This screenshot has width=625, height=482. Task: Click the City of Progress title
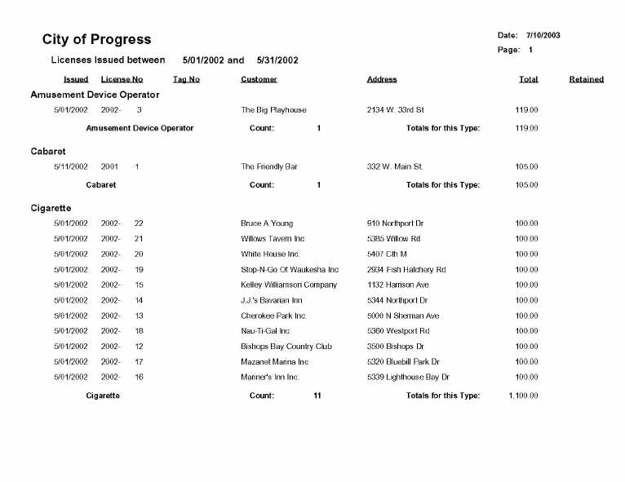(x=96, y=39)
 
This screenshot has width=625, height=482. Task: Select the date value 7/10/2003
(x=543, y=35)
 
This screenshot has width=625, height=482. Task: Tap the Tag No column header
(x=186, y=79)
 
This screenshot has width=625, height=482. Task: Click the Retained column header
(x=586, y=79)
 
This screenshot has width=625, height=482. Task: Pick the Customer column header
(x=259, y=79)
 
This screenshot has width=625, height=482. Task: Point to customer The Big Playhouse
(x=273, y=109)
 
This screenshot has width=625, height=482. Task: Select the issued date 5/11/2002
(x=71, y=166)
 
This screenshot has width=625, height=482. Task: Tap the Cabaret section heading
(x=48, y=152)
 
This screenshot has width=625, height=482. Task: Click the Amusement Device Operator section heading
(x=95, y=95)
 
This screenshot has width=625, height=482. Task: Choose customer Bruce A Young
(x=268, y=223)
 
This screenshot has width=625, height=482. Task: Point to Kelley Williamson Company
(x=289, y=285)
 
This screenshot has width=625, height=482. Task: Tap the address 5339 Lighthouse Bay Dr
(x=408, y=377)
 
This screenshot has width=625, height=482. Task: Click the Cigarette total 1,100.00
(x=523, y=396)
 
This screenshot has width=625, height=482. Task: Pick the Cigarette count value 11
(x=317, y=396)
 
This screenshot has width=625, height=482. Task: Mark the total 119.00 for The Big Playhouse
(x=526, y=109)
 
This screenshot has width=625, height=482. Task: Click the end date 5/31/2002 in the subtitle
(x=277, y=60)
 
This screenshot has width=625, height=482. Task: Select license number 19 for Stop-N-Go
(x=140, y=269)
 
